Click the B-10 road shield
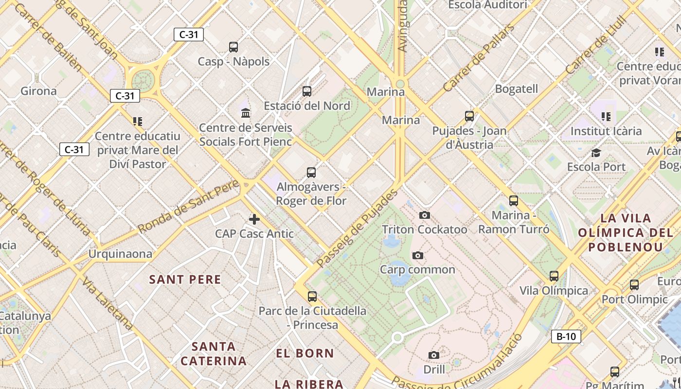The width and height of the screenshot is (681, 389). coord(566,336)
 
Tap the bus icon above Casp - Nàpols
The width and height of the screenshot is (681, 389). coord(233,47)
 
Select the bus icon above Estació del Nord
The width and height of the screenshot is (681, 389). coord(307,91)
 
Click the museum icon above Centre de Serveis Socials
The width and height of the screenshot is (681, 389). coord(246,113)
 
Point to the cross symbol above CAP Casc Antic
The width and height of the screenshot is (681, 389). coord(254,219)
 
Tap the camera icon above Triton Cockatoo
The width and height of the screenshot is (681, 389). coord(424,215)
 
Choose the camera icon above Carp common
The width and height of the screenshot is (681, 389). coord(417,255)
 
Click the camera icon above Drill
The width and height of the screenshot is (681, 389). coord(434,355)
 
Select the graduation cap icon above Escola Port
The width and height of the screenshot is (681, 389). coord(596,153)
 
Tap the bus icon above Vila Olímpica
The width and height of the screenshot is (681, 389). coord(554,276)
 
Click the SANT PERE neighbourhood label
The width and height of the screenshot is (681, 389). coord(185,280)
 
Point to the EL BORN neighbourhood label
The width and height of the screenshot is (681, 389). coord(305,354)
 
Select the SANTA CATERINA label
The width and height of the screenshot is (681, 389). coord(214,354)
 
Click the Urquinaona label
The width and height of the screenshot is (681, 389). coord(120,254)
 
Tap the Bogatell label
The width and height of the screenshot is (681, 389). coord(516,89)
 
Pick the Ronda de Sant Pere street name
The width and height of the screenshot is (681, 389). coord(189,206)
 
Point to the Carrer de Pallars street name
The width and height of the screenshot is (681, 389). coord(479,58)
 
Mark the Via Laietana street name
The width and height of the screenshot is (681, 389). coord(108,303)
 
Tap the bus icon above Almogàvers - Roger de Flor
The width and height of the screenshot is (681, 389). coord(311,172)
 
